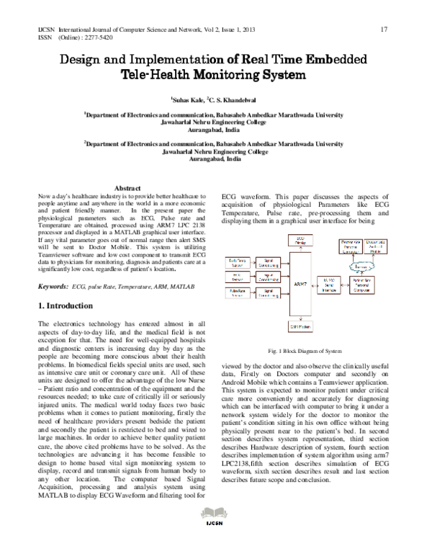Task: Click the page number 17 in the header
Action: (x=384, y=29)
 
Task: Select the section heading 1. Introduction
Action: (x=70, y=306)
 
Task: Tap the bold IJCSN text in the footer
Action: (x=216, y=545)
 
